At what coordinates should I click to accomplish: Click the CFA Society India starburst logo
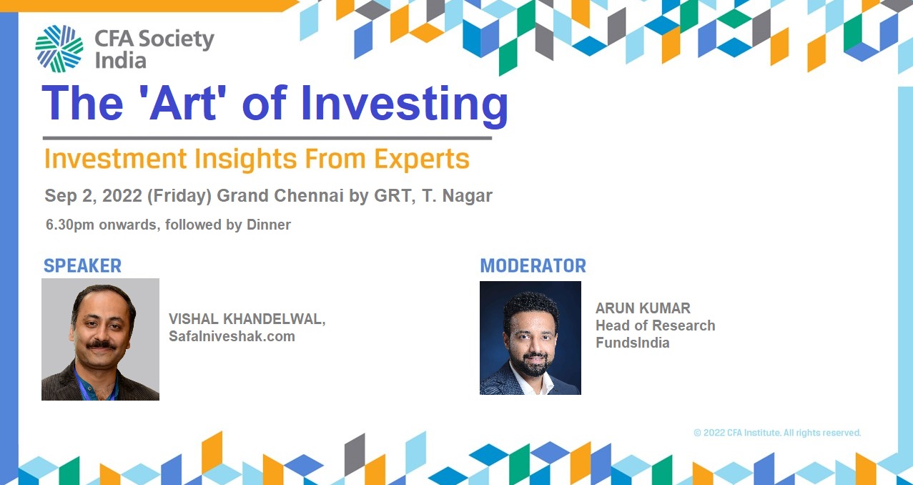click(x=59, y=49)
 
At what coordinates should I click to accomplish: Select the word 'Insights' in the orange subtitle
click(x=246, y=159)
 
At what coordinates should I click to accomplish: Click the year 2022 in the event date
click(x=122, y=196)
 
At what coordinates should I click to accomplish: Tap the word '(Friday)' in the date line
click(x=179, y=196)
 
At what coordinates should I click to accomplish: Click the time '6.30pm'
click(x=69, y=225)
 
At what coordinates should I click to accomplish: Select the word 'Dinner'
click(x=269, y=225)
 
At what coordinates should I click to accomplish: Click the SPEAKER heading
click(x=82, y=266)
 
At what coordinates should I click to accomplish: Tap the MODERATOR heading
click(x=533, y=266)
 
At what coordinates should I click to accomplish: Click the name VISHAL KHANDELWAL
click(x=246, y=319)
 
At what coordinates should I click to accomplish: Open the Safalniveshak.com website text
click(x=232, y=336)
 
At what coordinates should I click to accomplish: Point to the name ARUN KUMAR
click(x=643, y=308)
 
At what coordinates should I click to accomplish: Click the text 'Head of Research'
click(x=655, y=325)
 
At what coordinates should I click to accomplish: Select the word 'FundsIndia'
click(x=633, y=343)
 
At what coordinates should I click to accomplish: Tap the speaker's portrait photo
click(x=100, y=339)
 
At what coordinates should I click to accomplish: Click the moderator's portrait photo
click(x=530, y=338)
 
